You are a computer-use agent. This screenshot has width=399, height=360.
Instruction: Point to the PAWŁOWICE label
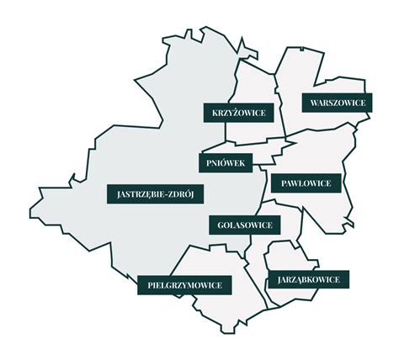click(x=306, y=183)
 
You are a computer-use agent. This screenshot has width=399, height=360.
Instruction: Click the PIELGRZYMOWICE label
click(x=184, y=285)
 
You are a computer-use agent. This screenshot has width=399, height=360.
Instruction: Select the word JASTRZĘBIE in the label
click(x=137, y=193)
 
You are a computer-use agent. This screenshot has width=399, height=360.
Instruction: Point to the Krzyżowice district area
click(x=253, y=84)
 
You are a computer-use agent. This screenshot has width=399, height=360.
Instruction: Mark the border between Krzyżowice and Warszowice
click(x=277, y=93)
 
